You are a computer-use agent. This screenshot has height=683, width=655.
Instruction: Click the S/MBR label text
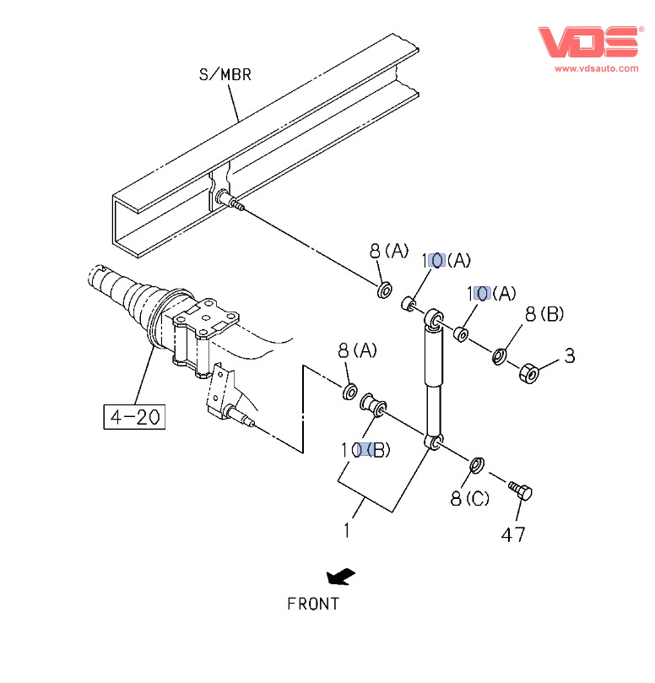coord(225,74)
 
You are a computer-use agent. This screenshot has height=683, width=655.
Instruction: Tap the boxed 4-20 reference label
coord(134,416)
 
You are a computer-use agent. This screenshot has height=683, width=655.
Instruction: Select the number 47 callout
coord(513,534)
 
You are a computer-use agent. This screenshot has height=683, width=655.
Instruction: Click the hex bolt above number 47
coord(518,490)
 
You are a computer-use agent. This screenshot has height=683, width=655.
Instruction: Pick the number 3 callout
coord(570,356)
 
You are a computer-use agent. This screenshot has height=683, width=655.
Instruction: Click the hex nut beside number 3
coord(528,371)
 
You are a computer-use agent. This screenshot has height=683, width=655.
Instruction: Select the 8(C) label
coord(469,498)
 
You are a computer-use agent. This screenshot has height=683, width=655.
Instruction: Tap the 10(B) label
coord(365,450)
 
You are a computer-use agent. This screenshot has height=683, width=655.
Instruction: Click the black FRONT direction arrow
coord(341,577)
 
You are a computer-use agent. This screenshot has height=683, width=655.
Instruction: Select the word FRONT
coord(313,604)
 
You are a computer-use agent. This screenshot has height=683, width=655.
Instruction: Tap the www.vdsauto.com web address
coord(596,68)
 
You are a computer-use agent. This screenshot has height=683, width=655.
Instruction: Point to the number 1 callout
coord(347,530)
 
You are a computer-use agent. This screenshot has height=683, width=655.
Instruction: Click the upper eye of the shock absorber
coord(435,317)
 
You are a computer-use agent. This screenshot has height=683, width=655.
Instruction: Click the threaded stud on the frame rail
coord(230,203)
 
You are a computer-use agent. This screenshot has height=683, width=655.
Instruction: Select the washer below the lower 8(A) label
coord(348,392)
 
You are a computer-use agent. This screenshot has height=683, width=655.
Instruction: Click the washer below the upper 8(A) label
coord(383,291)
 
